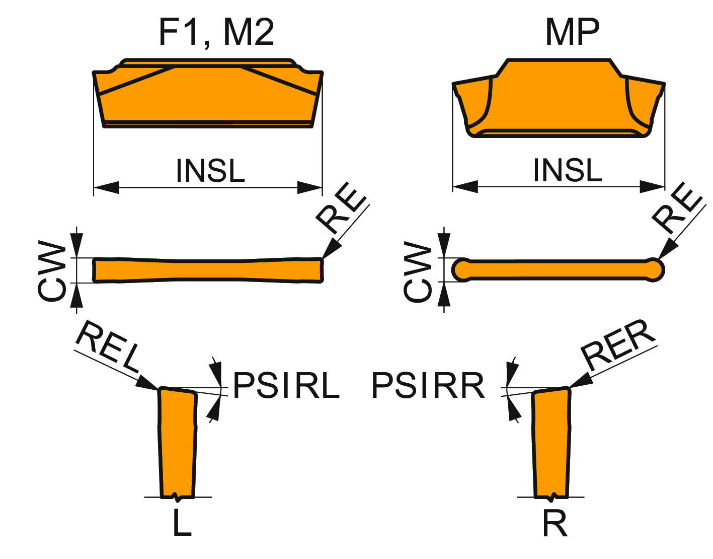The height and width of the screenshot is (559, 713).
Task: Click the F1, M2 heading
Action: coord(216,33)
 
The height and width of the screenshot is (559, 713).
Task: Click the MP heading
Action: coord(572,33)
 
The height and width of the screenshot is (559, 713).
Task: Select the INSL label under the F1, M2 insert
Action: coord(210,171)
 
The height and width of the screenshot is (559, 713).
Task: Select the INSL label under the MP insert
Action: coord(568,170)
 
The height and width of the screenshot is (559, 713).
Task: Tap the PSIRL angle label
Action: coord(286,386)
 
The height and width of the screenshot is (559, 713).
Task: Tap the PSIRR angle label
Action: coord(428,386)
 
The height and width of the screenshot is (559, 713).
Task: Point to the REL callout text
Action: coord(107,346)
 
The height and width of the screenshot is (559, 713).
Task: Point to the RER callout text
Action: coord(618,344)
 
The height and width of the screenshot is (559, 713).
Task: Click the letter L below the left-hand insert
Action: coord(182,523)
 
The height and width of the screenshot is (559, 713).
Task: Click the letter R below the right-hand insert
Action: coord(555,524)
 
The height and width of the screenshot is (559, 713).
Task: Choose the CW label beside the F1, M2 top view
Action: coord(52,272)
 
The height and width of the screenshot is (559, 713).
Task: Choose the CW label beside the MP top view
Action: coord(418,272)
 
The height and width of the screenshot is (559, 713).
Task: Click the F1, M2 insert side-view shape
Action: coord(207,96)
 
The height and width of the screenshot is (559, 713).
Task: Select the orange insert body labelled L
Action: coord(177,443)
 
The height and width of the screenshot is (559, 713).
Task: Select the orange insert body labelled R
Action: coord(551,443)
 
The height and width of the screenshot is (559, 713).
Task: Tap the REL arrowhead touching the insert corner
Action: coord(149,383)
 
